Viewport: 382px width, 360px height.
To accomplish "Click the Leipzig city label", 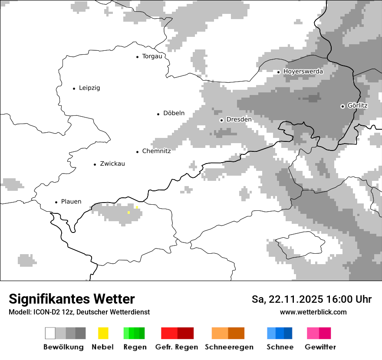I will [x=89, y=88].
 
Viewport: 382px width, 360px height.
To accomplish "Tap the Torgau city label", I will [x=152, y=56].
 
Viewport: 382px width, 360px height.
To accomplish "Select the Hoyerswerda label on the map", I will [x=303, y=72].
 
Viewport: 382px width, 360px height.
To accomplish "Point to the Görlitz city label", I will [x=357, y=106].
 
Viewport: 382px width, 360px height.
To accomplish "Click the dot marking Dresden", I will [x=221, y=120].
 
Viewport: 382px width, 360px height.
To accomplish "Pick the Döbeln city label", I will [x=174, y=114].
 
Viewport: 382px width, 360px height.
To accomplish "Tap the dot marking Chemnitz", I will [x=138, y=152].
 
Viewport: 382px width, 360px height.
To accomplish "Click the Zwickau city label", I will [x=112, y=164].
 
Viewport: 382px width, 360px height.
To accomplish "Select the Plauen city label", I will [x=71, y=202].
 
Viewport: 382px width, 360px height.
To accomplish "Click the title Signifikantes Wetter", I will [x=72, y=299].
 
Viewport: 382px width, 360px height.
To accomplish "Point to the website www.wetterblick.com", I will [x=313, y=312].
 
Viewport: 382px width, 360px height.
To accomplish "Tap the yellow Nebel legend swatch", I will [x=103, y=333].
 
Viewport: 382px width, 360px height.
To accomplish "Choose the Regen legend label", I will [x=135, y=347].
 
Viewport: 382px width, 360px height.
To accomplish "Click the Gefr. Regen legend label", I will [x=177, y=347].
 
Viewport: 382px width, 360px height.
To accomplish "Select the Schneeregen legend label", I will [x=229, y=347].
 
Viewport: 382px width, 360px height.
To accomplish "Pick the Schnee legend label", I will [x=280, y=347].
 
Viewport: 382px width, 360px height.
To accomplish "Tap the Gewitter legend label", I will [x=320, y=347].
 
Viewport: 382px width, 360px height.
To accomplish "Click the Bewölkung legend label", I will [x=63, y=347].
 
